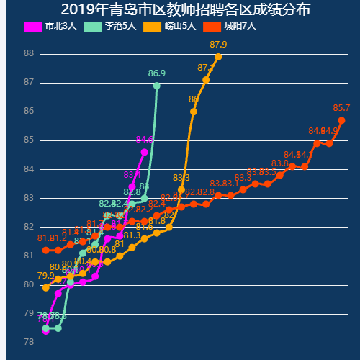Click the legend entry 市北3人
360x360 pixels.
pyautogui.click(x=51, y=26)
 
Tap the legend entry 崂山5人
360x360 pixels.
pyautogui.click(x=170, y=26)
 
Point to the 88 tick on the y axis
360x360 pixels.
pyautogui.click(x=28, y=53)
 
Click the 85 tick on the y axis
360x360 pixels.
pyautogui.click(x=28, y=140)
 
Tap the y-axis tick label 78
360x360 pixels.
pyautogui.click(x=28, y=342)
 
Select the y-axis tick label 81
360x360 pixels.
pyautogui.click(x=28, y=256)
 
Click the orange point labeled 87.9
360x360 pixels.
pyautogui.click(x=218, y=57)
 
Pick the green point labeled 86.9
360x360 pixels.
pyautogui.click(x=157, y=86)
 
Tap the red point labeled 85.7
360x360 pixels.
pyautogui.click(x=342, y=120)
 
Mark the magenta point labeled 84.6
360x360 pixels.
pyautogui.click(x=145, y=152)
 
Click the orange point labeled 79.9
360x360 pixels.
pyautogui.click(x=46, y=287)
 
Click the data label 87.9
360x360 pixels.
pyautogui.click(x=218, y=45)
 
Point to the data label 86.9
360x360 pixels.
pyautogui.click(x=156, y=73)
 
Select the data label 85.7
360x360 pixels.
pyautogui.click(x=341, y=108)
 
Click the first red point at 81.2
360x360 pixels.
pyautogui.click(x=46, y=250)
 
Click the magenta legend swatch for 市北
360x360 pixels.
pyautogui.click(x=33, y=26)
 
